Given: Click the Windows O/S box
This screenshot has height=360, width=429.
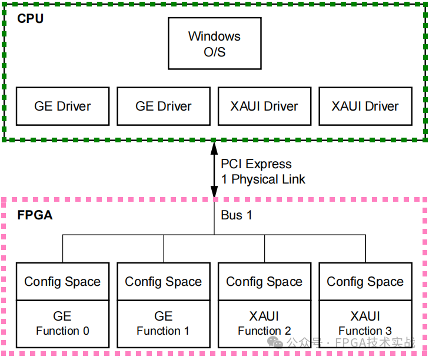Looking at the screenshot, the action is (214, 43).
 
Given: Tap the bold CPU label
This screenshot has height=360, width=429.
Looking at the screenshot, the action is (31, 19).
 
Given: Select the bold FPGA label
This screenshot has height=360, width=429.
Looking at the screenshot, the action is (35, 215).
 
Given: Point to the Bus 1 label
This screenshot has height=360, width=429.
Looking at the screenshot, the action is (237, 215).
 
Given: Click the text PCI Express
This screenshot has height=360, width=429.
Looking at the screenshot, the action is (256, 164).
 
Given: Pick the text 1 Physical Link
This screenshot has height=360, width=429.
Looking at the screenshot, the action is (263, 179).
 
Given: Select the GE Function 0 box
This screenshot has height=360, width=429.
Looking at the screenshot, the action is (62, 324).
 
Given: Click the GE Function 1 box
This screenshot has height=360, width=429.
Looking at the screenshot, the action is (164, 324).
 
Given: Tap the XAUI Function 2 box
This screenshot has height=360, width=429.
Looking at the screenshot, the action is (265, 324).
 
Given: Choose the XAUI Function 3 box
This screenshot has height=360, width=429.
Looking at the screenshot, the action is (365, 324).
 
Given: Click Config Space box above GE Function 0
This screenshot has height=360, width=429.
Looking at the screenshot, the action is (62, 282).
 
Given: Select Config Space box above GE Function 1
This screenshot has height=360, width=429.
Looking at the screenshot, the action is (164, 282).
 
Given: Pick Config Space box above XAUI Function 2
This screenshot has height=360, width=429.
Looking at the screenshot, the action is (265, 282).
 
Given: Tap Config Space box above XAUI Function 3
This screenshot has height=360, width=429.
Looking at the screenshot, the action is (365, 282).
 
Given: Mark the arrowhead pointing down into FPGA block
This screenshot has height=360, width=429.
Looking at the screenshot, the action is (214, 191).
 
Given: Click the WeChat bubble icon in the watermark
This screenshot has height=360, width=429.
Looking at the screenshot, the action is (275, 342).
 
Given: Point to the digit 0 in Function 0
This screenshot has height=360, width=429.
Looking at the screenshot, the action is (86, 331).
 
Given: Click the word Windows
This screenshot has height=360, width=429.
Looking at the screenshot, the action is (214, 36).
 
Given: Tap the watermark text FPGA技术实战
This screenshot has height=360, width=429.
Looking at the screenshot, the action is (375, 342).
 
